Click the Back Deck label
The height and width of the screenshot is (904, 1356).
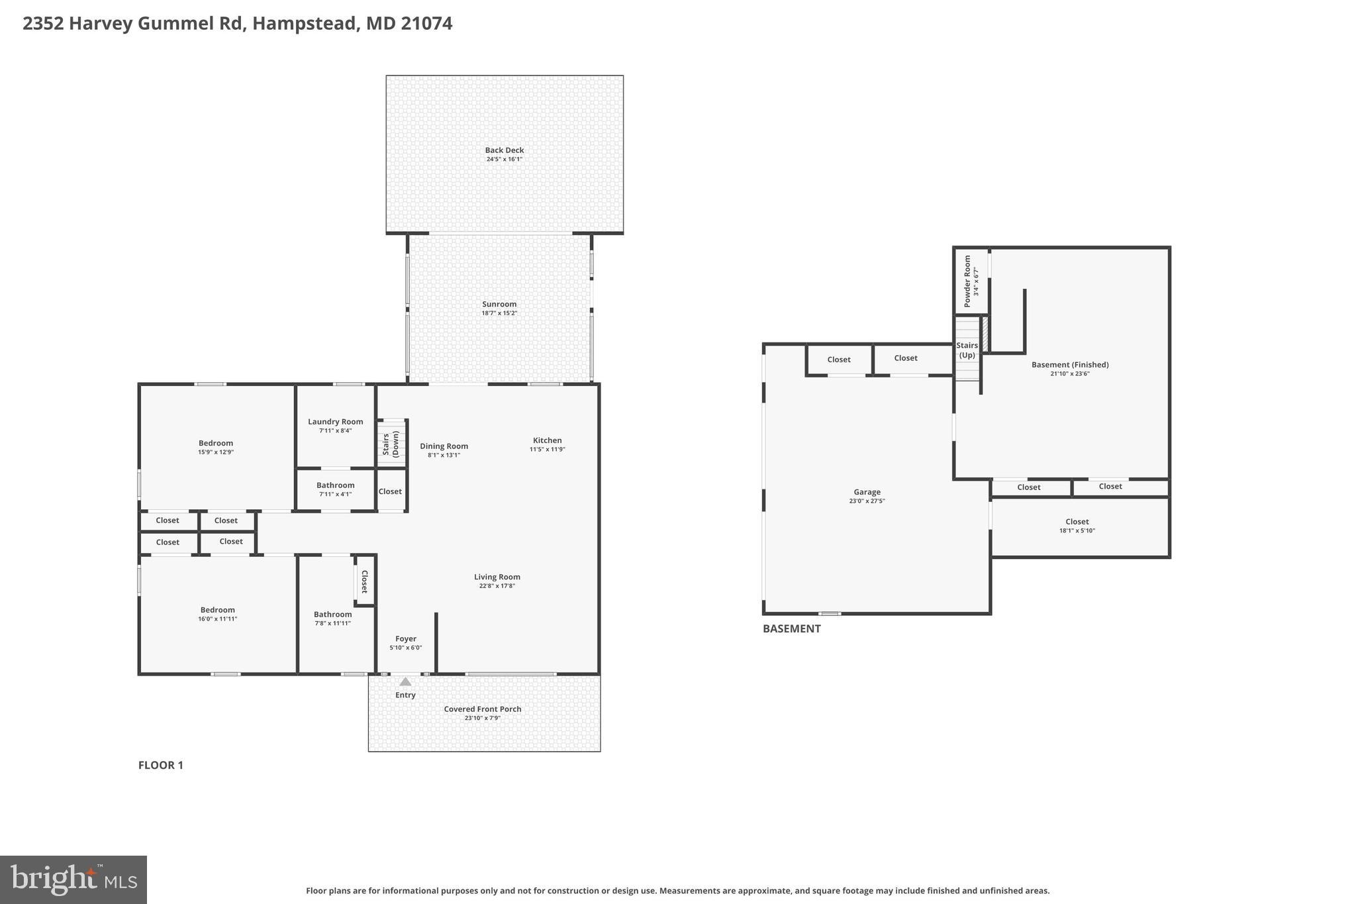504,150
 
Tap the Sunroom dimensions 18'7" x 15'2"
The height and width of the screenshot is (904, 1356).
499,313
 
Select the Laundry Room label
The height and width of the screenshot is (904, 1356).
335,422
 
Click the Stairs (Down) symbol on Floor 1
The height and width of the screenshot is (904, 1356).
391,443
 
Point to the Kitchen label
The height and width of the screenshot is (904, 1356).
547,440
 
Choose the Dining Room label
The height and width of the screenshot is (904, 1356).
444,446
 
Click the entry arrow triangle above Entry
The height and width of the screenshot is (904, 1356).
405,681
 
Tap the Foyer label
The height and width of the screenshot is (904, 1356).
405,639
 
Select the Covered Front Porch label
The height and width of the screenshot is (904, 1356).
482,709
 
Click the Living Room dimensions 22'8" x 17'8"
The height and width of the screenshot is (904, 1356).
497,586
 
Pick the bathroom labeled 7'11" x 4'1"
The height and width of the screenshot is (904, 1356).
335,489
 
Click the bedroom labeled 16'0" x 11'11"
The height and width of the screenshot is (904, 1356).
217,614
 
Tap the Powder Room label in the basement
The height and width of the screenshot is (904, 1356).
967,281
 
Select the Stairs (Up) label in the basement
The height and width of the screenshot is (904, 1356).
967,350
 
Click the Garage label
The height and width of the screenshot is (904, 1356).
867,492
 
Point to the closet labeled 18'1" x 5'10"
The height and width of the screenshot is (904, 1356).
1077,525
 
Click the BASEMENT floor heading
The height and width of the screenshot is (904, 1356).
791,628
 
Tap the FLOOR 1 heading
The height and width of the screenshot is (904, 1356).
160,765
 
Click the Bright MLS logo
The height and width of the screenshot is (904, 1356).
73,879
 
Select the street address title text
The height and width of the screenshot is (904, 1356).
237,24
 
